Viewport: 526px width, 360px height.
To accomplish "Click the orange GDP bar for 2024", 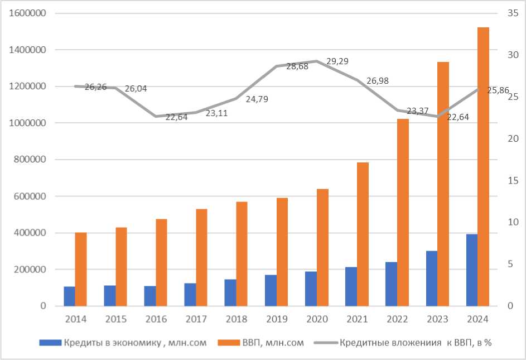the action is tap(484, 166).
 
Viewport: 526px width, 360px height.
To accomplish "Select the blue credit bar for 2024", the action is tap(472, 270).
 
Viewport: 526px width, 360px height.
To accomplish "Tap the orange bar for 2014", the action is tap(81, 269).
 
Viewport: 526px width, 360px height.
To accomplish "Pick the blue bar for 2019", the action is tap(271, 290).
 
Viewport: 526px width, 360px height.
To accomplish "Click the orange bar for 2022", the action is tap(403, 212).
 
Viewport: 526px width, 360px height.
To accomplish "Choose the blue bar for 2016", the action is tap(150, 296).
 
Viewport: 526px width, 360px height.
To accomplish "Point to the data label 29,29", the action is tap(337, 61).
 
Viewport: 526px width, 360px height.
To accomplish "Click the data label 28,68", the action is tap(297, 66).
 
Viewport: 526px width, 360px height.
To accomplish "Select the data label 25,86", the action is tap(498, 90).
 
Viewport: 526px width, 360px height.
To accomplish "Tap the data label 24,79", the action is tap(257, 99).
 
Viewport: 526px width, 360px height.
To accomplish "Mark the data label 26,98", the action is tap(378, 81).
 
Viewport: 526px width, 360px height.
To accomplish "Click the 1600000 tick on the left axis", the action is tap(27, 13).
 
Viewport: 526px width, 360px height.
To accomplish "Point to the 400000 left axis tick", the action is tap(30, 233).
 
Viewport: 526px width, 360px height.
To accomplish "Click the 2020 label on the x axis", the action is tap(317, 319).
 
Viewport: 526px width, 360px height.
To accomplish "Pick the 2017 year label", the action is tap(196, 319).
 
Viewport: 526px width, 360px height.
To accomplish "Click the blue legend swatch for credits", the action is tap(50, 343).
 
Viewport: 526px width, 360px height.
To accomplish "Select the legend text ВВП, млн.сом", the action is tap(273, 343).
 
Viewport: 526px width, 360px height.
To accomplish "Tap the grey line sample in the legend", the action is tap(326, 343).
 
